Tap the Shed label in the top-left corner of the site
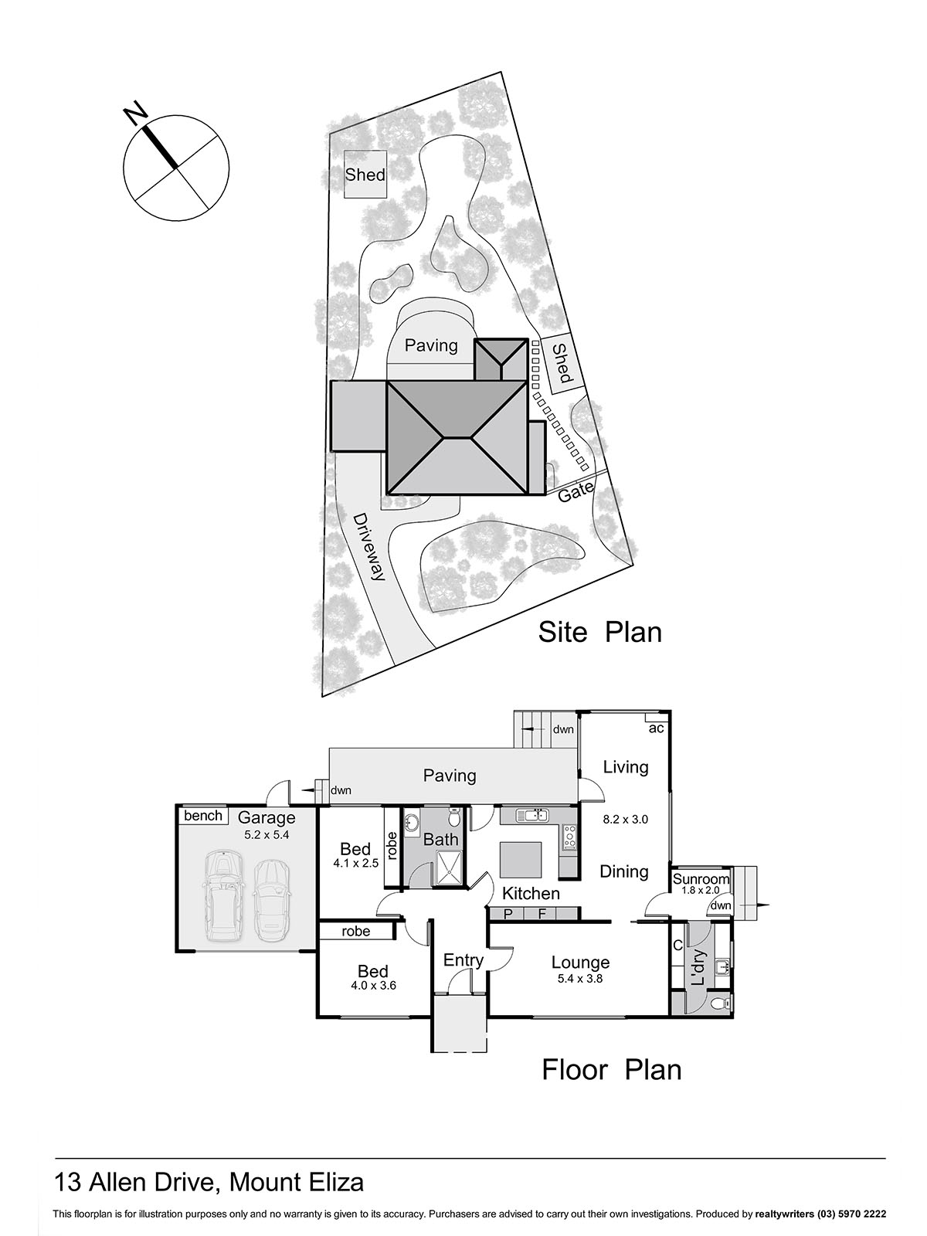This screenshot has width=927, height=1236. (x=365, y=175)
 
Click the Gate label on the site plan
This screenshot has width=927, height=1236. (x=576, y=491)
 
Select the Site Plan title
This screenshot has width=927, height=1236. (x=599, y=632)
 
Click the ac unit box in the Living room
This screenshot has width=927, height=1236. (x=656, y=728)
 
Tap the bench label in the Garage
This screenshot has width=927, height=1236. (x=203, y=816)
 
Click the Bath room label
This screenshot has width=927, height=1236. (x=440, y=840)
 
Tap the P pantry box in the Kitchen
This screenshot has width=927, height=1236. (x=508, y=914)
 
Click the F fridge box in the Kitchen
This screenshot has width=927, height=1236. (x=542, y=914)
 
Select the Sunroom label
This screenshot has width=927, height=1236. (x=701, y=879)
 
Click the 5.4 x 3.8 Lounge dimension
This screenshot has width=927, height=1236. (x=579, y=978)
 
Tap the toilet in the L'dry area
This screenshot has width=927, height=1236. (x=718, y=1003)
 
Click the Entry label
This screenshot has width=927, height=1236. (x=463, y=960)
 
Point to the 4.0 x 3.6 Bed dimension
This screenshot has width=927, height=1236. (x=373, y=985)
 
